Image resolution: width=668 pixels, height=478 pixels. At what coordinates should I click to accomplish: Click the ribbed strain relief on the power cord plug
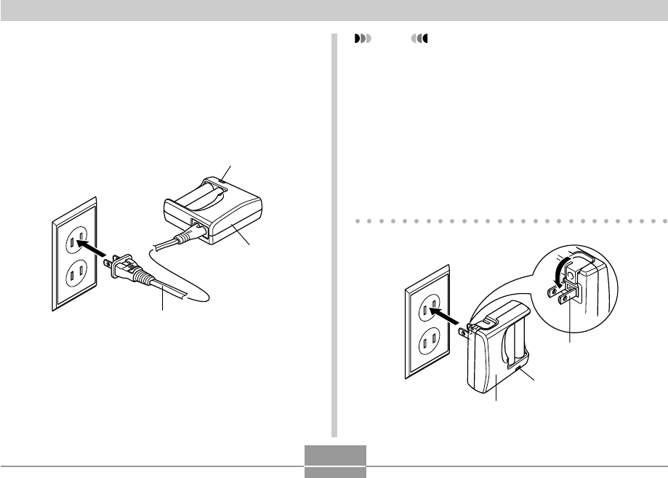[x=141, y=281]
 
